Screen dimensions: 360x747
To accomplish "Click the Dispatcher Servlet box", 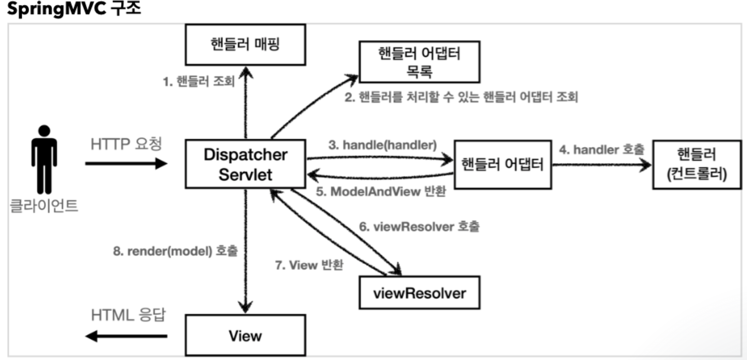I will tap(245, 164).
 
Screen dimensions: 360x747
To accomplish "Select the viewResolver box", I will tap(419, 293).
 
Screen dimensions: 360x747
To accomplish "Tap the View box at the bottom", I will tap(245, 336).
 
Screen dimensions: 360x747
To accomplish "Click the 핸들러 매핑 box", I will tap(245, 45).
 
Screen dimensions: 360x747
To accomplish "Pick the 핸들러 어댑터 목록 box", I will tap(419, 62).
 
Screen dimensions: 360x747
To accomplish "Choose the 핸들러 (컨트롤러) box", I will tap(697, 165).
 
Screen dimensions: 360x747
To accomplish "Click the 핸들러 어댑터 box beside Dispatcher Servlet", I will tap(502, 165).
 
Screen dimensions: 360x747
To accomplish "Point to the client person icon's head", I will tap(44, 131).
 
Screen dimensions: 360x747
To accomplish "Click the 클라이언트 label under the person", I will tap(44, 206).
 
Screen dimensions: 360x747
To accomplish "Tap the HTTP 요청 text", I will tap(126, 144).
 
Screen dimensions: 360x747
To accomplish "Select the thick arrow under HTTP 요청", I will tap(126, 163).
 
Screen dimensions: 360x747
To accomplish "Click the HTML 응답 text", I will tap(128, 315).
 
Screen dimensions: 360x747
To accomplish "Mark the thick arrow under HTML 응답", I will tap(126, 336).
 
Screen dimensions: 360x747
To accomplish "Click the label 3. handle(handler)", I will tap(382, 145).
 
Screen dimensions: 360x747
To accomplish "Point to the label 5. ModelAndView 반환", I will tap(381, 192).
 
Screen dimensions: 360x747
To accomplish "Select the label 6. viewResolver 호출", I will tap(419, 227).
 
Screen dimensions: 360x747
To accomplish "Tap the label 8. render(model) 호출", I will tap(175, 251).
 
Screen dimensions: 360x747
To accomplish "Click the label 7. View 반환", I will tap(309, 265).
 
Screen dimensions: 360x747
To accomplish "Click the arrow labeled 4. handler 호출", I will tap(602, 165).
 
